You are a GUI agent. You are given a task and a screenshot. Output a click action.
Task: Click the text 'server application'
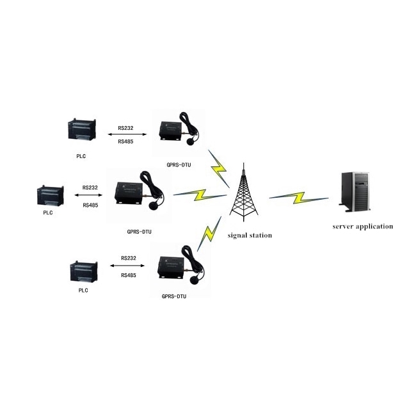363,226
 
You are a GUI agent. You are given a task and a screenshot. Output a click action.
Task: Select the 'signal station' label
250,236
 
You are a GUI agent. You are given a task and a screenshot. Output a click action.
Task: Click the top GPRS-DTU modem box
172,131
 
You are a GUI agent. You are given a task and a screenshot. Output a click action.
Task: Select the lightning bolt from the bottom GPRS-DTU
207,236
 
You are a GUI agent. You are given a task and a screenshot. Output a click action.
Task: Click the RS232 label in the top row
125,128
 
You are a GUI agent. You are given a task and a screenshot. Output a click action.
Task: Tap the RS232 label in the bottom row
129,258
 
